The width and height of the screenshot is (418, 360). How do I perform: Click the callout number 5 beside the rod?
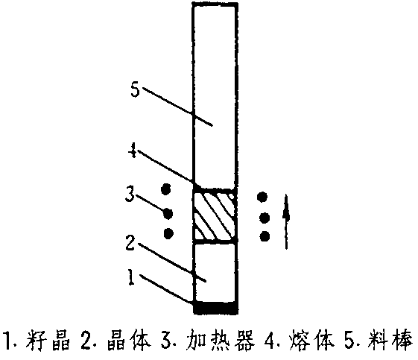point(136,89)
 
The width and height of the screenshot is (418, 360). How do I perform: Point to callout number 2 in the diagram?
point(130,243)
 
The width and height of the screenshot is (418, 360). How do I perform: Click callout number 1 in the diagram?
point(130,277)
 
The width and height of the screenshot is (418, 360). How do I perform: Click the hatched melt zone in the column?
point(215,215)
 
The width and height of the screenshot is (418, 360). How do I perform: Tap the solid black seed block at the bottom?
point(215,308)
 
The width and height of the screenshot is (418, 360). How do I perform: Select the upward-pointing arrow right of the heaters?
point(286,222)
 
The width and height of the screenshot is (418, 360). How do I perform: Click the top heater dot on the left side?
point(166,189)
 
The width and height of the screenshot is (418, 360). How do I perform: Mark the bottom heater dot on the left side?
point(168,234)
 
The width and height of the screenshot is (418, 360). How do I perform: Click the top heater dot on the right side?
point(262,197)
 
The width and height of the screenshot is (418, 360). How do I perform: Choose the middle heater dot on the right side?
point(265,218)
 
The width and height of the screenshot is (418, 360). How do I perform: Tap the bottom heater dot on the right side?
point(265,236)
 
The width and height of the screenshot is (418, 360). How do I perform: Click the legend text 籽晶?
point(48,341)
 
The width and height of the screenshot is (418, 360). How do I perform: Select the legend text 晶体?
point(129,341)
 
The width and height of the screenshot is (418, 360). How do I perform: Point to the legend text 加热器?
point(221,341)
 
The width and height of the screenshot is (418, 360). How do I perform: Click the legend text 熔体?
point(311,341)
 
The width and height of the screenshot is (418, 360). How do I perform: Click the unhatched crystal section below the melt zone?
point(215,272)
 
